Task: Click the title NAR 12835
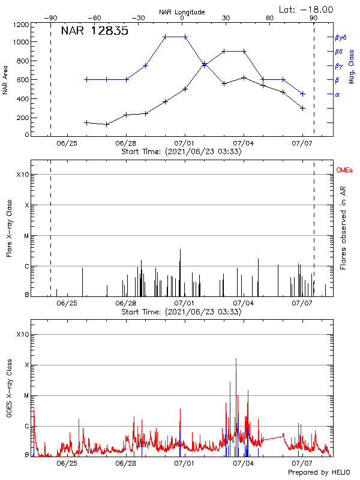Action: [x=94, y=31]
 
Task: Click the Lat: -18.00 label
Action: [x=306, y=9]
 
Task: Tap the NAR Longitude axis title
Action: [x=182, y=12]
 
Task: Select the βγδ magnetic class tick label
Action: [x=341, y=37]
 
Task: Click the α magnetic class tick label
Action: [x=337, y=94]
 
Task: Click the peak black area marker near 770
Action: [x=205, y=64]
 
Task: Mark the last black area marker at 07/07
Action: [x=303, y=108]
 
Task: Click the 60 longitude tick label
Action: [x=269, y=18]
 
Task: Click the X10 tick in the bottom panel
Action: [x=22, y=334]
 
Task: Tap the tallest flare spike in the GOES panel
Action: [x=236, y=359]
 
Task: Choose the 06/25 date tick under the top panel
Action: [x=67, y=143]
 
